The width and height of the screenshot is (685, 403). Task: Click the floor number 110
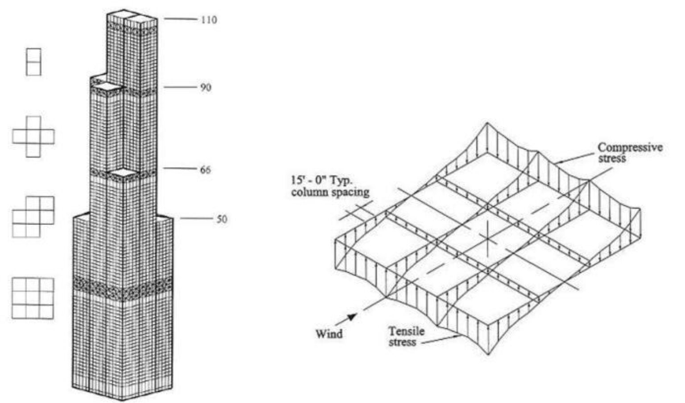coord(209,20)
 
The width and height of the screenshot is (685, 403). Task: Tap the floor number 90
coord(206,88)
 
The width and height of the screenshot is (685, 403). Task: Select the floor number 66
coord(206,170)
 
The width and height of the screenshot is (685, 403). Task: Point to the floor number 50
coord(222,219)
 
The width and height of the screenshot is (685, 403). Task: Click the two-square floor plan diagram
coord(33,62)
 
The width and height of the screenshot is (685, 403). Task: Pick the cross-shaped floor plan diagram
coord(33,137)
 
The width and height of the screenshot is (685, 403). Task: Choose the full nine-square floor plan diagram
coord(33,299)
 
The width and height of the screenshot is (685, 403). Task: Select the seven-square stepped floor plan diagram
coord(33,217)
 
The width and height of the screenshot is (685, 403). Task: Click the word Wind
coord(329,333)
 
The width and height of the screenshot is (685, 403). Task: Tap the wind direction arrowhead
coord(353,317)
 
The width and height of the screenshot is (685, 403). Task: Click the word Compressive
coord(630,147)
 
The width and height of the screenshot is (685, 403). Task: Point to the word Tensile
coord(406,331)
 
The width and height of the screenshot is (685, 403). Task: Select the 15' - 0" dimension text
coord(321,180)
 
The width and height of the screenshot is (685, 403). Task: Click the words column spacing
coord(330,192)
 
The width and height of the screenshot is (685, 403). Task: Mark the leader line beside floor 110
coord(181,19)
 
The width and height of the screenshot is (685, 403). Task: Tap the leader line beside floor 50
coord(196,219)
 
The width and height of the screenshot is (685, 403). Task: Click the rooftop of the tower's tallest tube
coord(140,20)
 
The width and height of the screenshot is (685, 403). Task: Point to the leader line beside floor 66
coord(179,168)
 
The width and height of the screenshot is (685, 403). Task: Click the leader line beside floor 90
coord(180,87)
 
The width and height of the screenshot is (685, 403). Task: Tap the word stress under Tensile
coord(402,342)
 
